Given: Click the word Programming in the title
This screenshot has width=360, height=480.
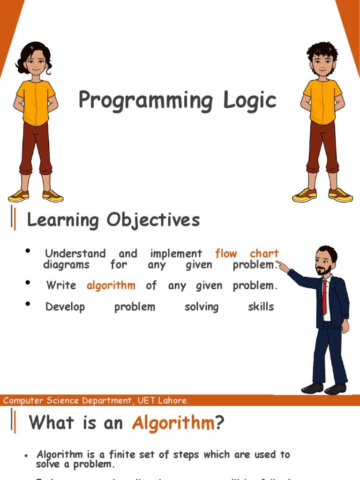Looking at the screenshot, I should tap(139, 101).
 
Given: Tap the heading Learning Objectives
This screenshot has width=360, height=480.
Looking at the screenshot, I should tap(113, 219).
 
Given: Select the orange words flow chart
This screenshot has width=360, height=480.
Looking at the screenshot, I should tap(247, 254).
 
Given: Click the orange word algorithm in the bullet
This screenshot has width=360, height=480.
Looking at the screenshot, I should tap(111, 285).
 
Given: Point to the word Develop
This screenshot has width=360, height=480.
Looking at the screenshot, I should tap(65, 307).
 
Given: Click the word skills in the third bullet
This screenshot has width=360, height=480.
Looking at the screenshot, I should tap(261, 307).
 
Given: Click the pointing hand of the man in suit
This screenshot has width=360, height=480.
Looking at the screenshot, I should tap(283, 266).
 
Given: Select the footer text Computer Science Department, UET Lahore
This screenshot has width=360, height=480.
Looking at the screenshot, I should tap(96, 401).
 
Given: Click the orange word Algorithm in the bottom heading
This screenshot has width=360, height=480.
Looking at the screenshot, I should tap(173, 423).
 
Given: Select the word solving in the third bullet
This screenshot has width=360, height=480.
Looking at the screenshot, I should tap(202, 307).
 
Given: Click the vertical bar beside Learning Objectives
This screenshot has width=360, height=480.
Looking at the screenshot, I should tap(14, 219).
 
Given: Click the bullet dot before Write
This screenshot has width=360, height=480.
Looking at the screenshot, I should tap(29, 283).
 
